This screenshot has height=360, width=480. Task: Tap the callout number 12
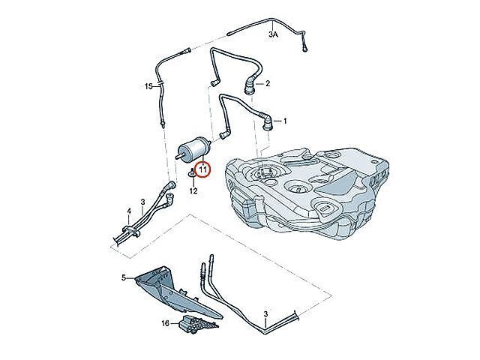(193, 190)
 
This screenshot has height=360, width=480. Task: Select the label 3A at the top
(273, 34)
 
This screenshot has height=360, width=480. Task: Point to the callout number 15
(148, 87)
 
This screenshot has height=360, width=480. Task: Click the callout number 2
(268, 83)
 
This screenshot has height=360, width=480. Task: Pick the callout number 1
(285, 121)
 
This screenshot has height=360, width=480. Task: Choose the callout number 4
(129, 211)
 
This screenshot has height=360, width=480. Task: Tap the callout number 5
(124, 277)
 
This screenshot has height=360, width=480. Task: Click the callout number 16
(165, 323)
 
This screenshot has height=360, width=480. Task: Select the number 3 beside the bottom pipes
(265, 313)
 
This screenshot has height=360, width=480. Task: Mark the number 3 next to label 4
(142, 202)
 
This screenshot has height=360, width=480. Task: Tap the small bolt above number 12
(192, 173)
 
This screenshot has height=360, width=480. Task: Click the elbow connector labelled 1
(267, 121)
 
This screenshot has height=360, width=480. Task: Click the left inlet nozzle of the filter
(178, 156)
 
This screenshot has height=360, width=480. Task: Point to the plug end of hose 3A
(305, 48)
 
